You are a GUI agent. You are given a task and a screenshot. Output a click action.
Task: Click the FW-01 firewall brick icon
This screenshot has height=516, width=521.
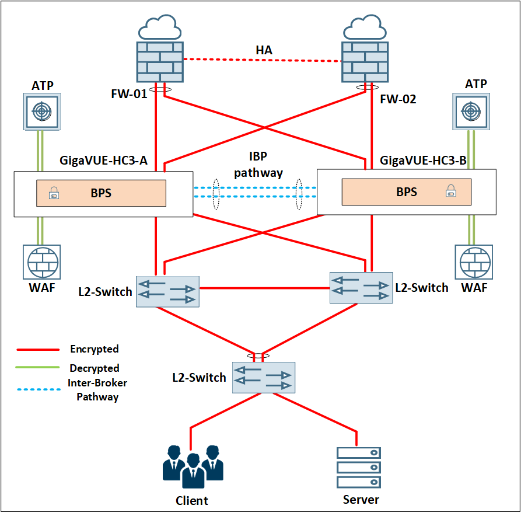click(x=160, y=62)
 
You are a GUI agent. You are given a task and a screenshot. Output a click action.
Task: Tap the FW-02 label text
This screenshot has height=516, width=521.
click(x=398, y=99)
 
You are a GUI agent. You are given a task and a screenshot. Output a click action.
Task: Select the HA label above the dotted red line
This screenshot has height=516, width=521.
click(x=264, y=50)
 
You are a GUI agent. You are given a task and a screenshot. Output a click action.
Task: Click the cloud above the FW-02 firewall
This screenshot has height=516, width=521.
click(x=365, y=27)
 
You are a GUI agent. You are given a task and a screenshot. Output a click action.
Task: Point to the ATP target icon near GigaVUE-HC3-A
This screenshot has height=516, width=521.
click(x=42, y=111)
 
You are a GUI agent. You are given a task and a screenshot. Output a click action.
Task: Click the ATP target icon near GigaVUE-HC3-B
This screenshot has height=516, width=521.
click(x=471, y=111)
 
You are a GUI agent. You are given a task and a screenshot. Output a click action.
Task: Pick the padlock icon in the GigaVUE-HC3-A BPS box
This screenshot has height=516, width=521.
click(x=54, y=193)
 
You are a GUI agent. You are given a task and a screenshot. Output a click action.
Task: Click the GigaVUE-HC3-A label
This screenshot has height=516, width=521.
click(x=103, y=161)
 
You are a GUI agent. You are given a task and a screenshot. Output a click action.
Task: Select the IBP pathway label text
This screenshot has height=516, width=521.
click(x=258, y=164)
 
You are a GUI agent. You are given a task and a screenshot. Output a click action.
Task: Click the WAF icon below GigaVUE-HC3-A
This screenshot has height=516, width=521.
click(x=42, y=262)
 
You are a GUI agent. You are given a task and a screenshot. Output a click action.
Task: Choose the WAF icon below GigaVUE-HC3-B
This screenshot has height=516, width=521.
click(x=474, y=262)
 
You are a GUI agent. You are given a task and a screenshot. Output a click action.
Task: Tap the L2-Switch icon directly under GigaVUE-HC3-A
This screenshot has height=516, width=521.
click(x=168, y=292)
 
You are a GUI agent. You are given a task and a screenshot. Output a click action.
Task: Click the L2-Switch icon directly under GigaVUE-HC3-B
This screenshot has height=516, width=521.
click(x=361, y=288)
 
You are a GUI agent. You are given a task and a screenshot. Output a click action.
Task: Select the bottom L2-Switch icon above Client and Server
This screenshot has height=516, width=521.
click(x=264, y=378)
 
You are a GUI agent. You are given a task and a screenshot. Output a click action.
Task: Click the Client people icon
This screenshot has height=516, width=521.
click(x=193, y=467)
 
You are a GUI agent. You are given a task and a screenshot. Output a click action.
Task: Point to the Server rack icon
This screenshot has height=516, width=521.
click(x=359, y=468)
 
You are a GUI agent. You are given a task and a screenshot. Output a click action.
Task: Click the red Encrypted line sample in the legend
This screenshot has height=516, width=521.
click(x=38, y=350)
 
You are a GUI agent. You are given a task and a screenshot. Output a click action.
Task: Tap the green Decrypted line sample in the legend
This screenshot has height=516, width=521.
click(x=37, y=367)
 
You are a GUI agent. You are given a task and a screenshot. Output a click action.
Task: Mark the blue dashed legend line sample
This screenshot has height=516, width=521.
click(x=39, y=389)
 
